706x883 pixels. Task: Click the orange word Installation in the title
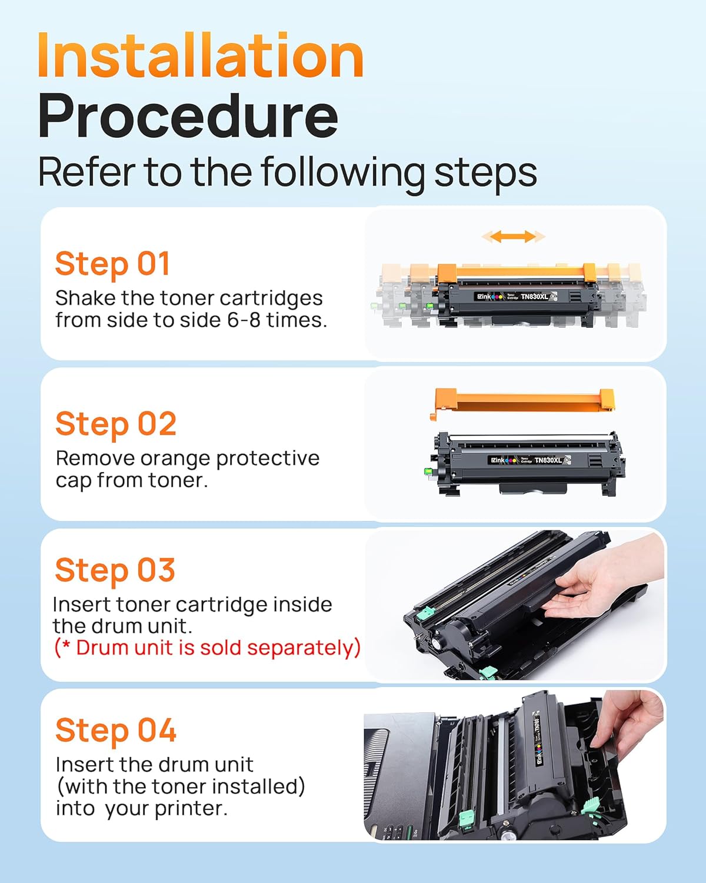pyautogui.click(x=200, y=56)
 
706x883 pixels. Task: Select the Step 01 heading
pyautogui.click(x=112, y=263)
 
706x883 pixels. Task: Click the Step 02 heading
pyautogui.click(x=116, y=424)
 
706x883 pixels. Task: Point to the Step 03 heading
pyautogui.click(x=115, y=570)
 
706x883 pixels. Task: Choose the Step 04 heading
pyautogui.click(x=116, y=731)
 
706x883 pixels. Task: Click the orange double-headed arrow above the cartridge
pyautogui.click(x=513, y=237)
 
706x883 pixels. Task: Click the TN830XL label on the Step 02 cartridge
pyautogui.click(x=548, y=460)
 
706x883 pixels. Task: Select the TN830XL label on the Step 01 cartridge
pyautogui.click(x=534, y=297)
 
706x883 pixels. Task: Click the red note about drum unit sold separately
pyautogui.click(x=207, y=648)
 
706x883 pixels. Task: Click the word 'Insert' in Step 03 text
pyautogui.click(x=82, y=605)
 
